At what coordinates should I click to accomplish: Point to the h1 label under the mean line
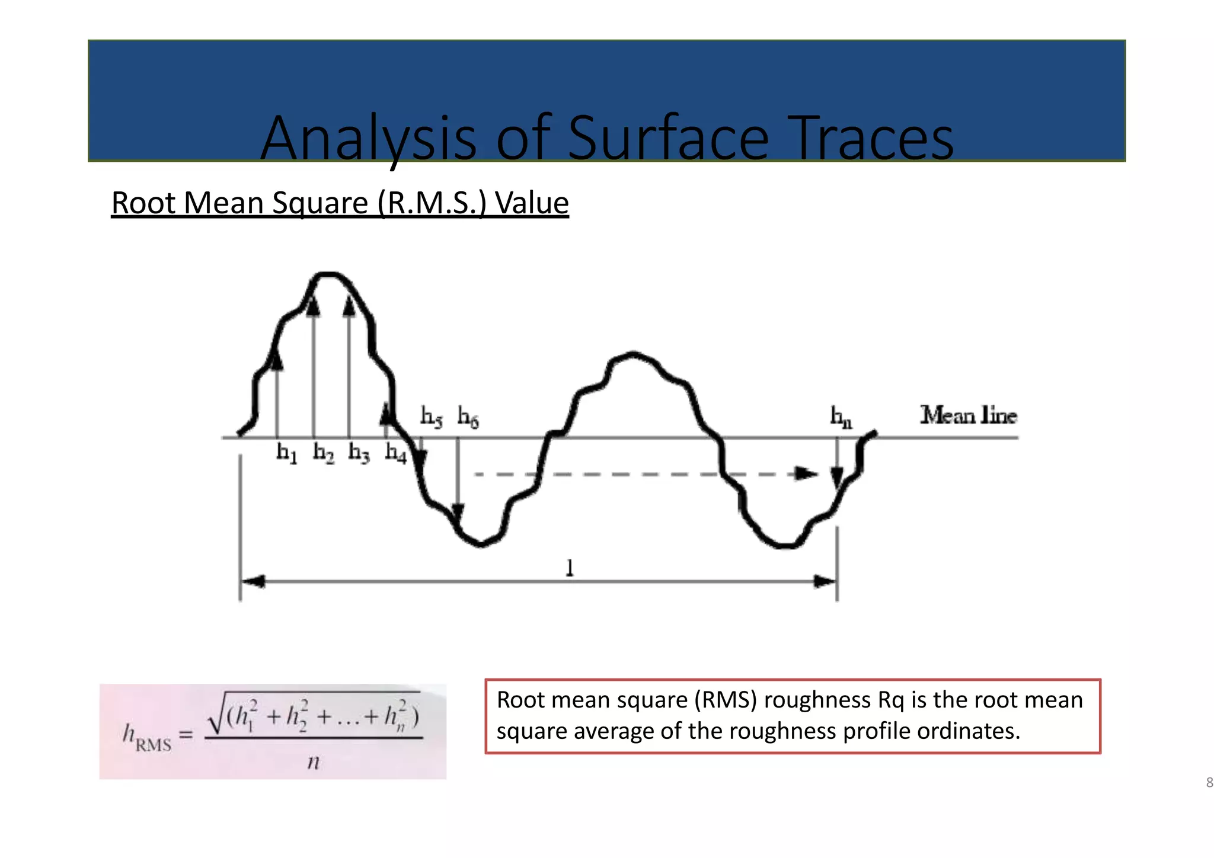coord(287,453)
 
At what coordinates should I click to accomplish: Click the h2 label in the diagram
coord(323,453)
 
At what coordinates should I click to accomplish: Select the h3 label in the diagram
coord(359,453)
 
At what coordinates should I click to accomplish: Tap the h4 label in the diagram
coord(396,453)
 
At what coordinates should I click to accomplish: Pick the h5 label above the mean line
coord(431,416)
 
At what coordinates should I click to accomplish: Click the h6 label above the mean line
coord(468,417)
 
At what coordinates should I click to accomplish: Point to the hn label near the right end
coord(841,417)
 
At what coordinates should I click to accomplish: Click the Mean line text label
coord(968,415)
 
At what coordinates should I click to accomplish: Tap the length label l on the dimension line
coord(570,568)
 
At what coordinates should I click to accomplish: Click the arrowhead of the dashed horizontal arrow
coord(806,473)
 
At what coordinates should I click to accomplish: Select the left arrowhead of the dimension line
coord(252,582)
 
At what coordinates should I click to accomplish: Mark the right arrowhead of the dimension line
coord(825,582)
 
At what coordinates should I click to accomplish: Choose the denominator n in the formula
coord(314,762)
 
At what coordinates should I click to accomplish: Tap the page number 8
coord(1209,783)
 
